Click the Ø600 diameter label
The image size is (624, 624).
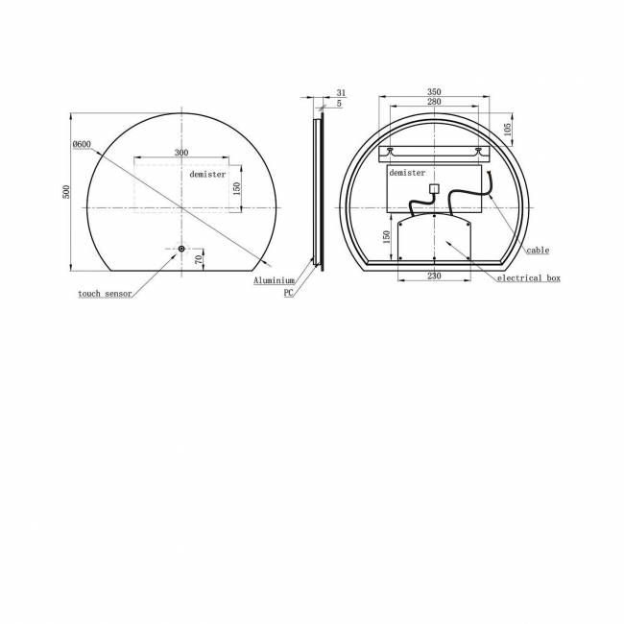(x=82, y=144)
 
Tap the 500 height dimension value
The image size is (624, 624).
(x=66, y=191)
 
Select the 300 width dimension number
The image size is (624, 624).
(x=181, y=153)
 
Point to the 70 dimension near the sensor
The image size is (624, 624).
(x=199, y=258)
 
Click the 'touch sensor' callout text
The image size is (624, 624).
(x=105, y=294)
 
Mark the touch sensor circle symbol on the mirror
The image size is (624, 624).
(x=180, y=250)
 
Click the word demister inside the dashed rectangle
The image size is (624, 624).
(x=207, y=175)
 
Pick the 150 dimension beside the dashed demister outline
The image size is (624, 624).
(x=236, y=188)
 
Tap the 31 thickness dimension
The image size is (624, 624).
(x=341, y=93)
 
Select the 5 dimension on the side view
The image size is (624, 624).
(x=341, y=103)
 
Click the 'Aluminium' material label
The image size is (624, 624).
(x=275, y=280)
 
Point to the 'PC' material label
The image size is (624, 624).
(x=288, y=293)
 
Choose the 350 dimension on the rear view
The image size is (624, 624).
(x=435, y=92)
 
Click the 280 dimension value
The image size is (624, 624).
(x=435, y=102)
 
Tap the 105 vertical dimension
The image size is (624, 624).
(x=508, y=129)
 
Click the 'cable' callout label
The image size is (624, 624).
(x=538, y=251)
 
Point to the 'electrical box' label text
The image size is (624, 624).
(x=528, y=278)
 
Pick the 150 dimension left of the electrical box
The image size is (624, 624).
(x=386, y=236)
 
